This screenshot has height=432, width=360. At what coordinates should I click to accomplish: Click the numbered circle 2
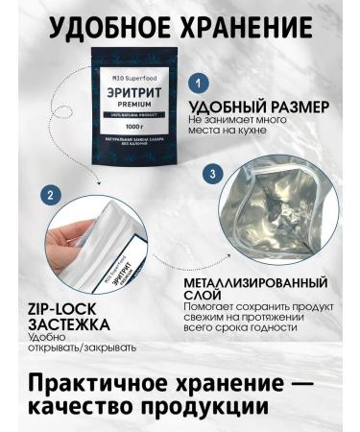(47, 195)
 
